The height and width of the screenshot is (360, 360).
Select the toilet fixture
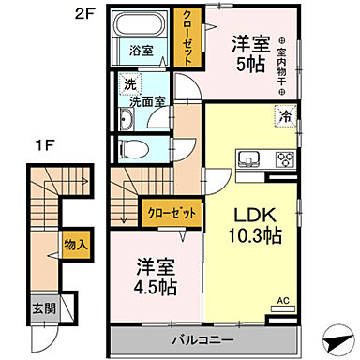[131, 148]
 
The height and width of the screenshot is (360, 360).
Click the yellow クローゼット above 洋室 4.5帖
[171, 213]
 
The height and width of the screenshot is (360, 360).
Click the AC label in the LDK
[281, 302]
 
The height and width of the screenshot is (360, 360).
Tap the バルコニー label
[201, 337]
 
